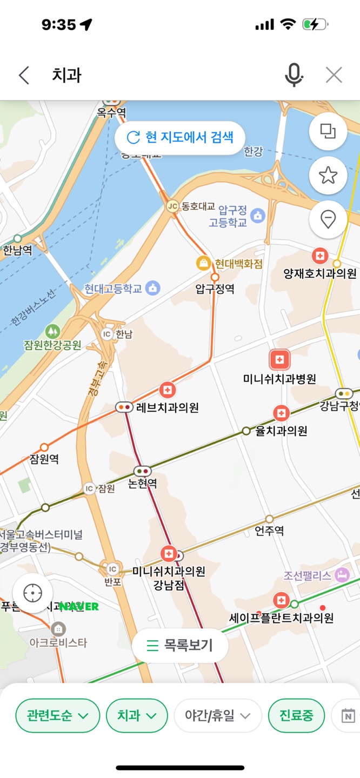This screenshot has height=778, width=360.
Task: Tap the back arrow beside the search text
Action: pyautogui.click(x=24, y=75)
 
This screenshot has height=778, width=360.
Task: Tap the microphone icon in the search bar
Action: pyautogui.click(x=294, y=75)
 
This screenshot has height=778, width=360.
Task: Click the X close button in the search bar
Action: pyautogui.click(x=334, y=75)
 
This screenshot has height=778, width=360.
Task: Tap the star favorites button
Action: pyautogui.click(x=328, y=175)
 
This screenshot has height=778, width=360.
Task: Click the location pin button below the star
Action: pyautogui.click(x=328, y=219)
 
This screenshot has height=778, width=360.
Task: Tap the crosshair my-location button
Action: pyautogui.click(x=33, y=593)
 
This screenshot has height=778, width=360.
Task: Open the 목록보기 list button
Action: pyautogui.click(x=180, y=645)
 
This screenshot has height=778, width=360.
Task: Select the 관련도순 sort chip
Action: pyautogui.click(x=58, y=716)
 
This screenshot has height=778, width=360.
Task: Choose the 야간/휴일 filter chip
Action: pyautogui.click(x=218, y=716)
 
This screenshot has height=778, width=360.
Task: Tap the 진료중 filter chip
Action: pyautogui.click(x=296, y=716)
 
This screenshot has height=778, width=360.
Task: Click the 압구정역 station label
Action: pyautogui.click(x=215, y=289)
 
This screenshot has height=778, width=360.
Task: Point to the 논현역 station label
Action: pyautogui.click(x=143, y=484)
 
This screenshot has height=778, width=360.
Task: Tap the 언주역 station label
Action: pyautogui.click(x=269, y=531)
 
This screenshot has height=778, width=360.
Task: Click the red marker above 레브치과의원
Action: pyautogui.click(x=168, y=390)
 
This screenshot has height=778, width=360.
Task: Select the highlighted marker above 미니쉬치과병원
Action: pyautogui.click(x=279, y=360)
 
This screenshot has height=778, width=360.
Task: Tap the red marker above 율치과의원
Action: pyautogui.click(x=281, y=413)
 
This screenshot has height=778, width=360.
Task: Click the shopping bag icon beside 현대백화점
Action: pyautogui.click(x=203, y=263)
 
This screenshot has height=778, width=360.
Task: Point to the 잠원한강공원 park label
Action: pyautogui.click(x=52, y=345)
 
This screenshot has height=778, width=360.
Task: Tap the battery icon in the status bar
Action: pyautogui.click(x=315, y=24)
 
